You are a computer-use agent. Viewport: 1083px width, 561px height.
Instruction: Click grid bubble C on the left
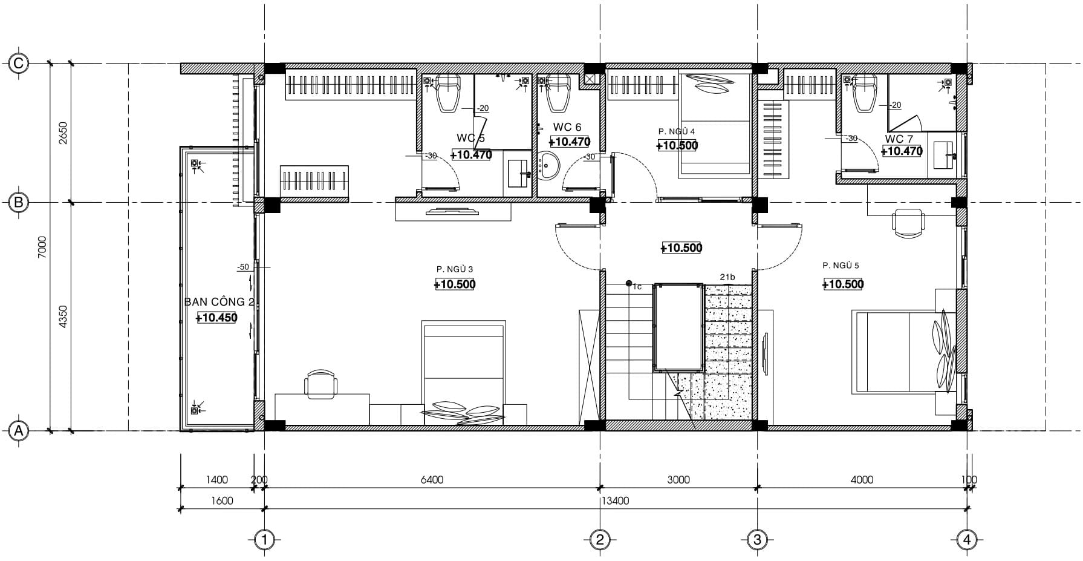19,63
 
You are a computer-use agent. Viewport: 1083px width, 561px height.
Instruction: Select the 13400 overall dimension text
615,501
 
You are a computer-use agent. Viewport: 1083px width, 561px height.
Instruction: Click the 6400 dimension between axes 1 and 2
432,480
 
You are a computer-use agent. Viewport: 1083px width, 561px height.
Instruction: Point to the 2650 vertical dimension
63,133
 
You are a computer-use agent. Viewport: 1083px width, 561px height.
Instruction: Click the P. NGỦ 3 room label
454,269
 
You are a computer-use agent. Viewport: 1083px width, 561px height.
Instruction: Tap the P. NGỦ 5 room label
841,266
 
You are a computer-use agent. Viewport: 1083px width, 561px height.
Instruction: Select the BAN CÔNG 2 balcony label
215,302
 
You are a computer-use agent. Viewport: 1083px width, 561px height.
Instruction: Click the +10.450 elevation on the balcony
216,318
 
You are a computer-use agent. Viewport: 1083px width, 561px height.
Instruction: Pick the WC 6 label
567,127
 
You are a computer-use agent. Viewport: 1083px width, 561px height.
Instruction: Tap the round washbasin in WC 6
550,165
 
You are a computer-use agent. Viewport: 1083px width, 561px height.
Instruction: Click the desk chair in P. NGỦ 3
320,384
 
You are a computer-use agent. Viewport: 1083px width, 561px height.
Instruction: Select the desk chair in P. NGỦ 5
908,222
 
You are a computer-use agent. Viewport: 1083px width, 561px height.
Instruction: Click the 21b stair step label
727,277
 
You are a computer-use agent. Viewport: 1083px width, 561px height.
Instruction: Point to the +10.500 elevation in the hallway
681,248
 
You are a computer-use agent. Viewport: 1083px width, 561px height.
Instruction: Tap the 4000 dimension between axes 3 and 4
862,480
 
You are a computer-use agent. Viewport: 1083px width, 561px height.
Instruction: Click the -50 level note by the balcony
243,267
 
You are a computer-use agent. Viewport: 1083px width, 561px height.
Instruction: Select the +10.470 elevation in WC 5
471,155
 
